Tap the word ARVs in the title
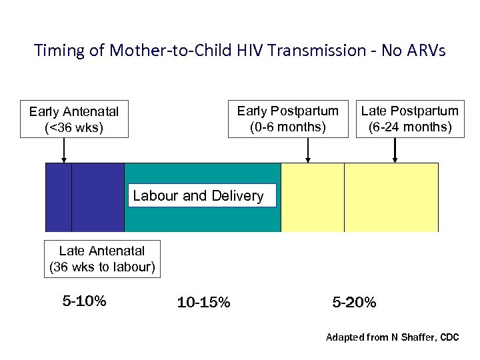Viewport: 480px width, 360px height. [x=424, y=51]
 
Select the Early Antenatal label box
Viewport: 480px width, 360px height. [x=73, y=119]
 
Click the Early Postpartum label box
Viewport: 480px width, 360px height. [x=288, y=119]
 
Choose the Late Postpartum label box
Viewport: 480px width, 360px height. [x=409, y=119]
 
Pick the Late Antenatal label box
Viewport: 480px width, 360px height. [x=102, y=259]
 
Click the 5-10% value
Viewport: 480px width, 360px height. [x=84, y=301]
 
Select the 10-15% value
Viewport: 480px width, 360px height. [x=204, y=303]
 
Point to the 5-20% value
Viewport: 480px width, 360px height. [x=354, y=303]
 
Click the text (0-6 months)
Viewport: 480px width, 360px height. [x=288, y=126]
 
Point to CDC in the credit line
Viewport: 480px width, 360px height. [x=449, y=338]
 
